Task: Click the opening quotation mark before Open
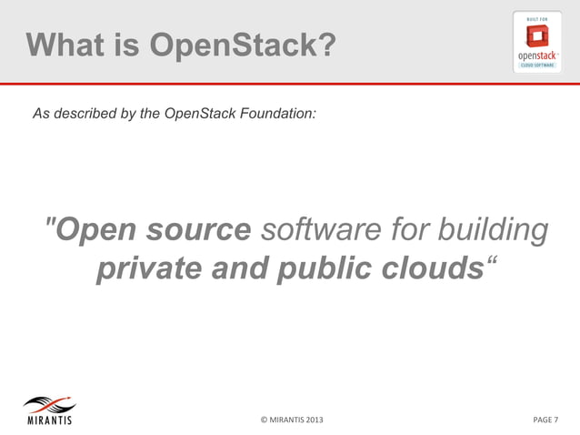pyautogui.click(x=49, y=224)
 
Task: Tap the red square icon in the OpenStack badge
pyautogui.click(x=539, y=35)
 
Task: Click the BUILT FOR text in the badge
pyautogui.click(x=539, y=18)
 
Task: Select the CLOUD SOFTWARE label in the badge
pyautogui.click(x=539, y=66)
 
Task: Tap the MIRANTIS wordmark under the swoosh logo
pyautogui.click(x=47, y=420)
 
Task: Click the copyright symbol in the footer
pyautogui.click(x=264, y=420)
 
